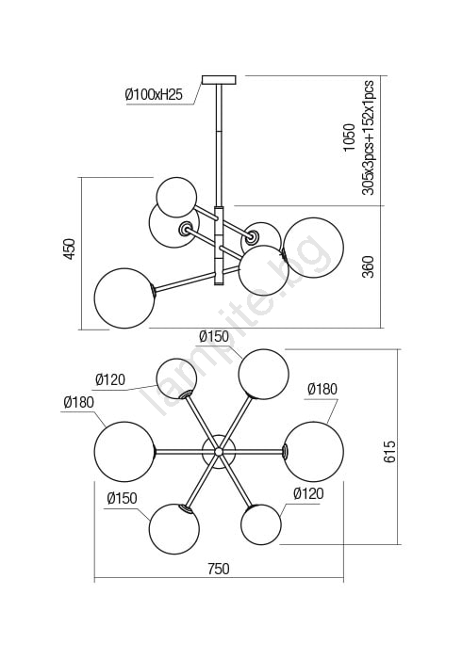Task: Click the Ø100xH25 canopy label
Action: coord(154,94)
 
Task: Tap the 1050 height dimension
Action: coord(349,137)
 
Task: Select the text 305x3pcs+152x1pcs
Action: coord(368,137)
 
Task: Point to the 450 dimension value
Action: coord(70,249)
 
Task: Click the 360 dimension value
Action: coord(368,266)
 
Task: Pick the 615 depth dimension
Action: coord(389,451)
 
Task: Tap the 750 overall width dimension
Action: coord(219,569)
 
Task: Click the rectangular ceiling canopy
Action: coord(220,80)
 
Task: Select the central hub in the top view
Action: coord(219,451)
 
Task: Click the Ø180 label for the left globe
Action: coord(78,402)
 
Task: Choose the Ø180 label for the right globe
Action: coord(322,389)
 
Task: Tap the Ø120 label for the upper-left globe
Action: coord(110,379)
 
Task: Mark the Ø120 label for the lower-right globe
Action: coord(309,493)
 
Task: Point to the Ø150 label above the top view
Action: coord(214,336)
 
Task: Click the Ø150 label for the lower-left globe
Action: coord(122,498)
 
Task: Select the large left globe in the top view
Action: coord(125,451)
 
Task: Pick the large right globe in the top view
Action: coord(313,451)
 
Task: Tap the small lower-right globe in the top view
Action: coord(261,524)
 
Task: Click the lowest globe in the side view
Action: coord(124,298)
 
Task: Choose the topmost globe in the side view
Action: coord(176,198)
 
